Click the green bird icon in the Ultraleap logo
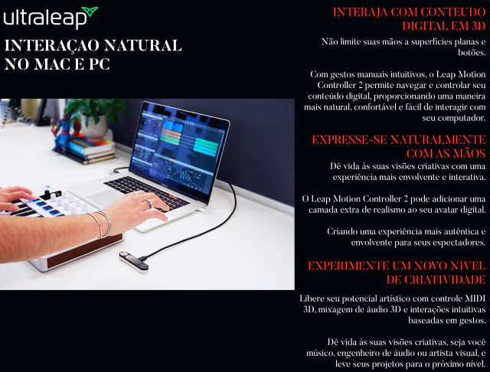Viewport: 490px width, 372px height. pyautogui.click(x=90, y=12)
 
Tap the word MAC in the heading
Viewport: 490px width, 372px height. pyautogui.click(x=52, y=64)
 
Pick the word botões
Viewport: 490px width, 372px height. pyautogui.click(x=472, y=53)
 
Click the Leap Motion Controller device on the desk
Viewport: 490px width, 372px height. pyautogui.click(x=134, y=262)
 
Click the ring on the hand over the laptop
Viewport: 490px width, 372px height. pyautogui.click(x=150, y=204)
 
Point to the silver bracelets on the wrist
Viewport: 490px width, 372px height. pyautogui.click(x=100, y=223)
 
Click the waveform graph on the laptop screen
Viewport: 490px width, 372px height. pyautogui.click(x=186, y=176)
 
